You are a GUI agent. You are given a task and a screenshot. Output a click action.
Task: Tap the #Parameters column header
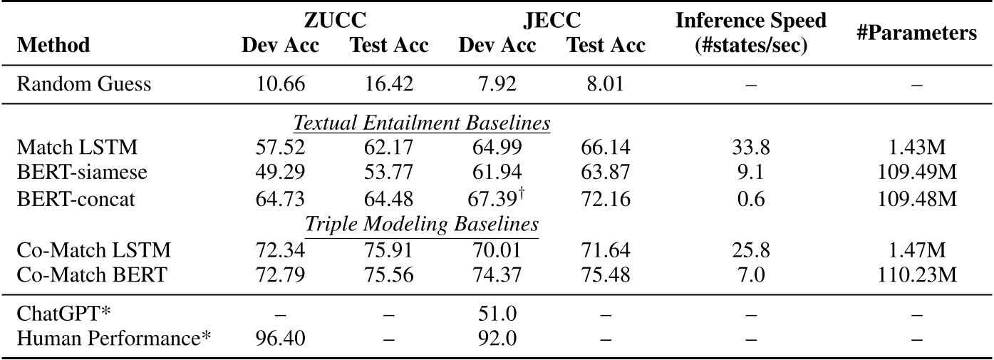pos(916,33)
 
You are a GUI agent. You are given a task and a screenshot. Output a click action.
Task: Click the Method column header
pos(53,46)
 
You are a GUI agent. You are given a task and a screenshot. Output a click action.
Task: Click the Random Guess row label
pos(84,84)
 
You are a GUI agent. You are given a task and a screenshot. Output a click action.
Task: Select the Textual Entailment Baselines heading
pos(422,123)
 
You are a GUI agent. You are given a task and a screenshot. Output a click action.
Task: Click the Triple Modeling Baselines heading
pos(422,225)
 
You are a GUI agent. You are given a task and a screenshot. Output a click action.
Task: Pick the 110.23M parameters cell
pos(916,276)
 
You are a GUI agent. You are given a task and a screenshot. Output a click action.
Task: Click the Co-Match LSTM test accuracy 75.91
pos(388,251)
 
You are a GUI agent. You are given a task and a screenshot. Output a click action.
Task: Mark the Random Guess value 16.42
pos(388,84)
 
